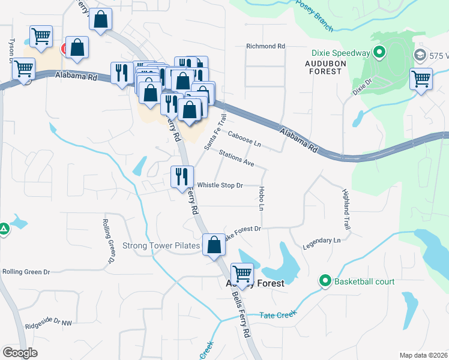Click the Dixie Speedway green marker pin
[379, 53]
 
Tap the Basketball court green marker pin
[325, 281]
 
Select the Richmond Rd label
[265, 46]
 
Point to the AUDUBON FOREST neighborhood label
[315, 67]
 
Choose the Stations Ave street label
[237, 158]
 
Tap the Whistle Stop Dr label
[220, 185]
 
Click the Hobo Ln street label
[261, 198]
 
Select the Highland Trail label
[346, 210]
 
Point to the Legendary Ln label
[322, 241]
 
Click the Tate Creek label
[278, 315]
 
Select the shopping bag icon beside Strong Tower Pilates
[214, 245]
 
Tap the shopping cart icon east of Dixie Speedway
[421, 78]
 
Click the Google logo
[20, 353]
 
